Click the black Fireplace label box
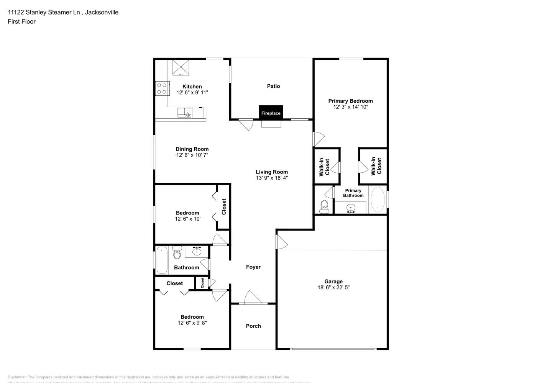271,113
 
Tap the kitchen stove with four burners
162,89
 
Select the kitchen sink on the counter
184,113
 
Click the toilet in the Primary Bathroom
324,207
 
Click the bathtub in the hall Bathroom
162,260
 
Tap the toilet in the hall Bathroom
177,253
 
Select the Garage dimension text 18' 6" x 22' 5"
333,287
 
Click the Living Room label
272,172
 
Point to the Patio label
273,86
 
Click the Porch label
253,326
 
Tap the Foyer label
253,267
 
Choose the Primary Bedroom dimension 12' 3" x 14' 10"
350,107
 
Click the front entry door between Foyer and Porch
253,299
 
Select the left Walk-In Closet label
324,167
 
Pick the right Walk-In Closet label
376,166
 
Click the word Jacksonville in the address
102,12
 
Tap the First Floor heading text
21,21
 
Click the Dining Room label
192,149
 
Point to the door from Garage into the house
281,241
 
